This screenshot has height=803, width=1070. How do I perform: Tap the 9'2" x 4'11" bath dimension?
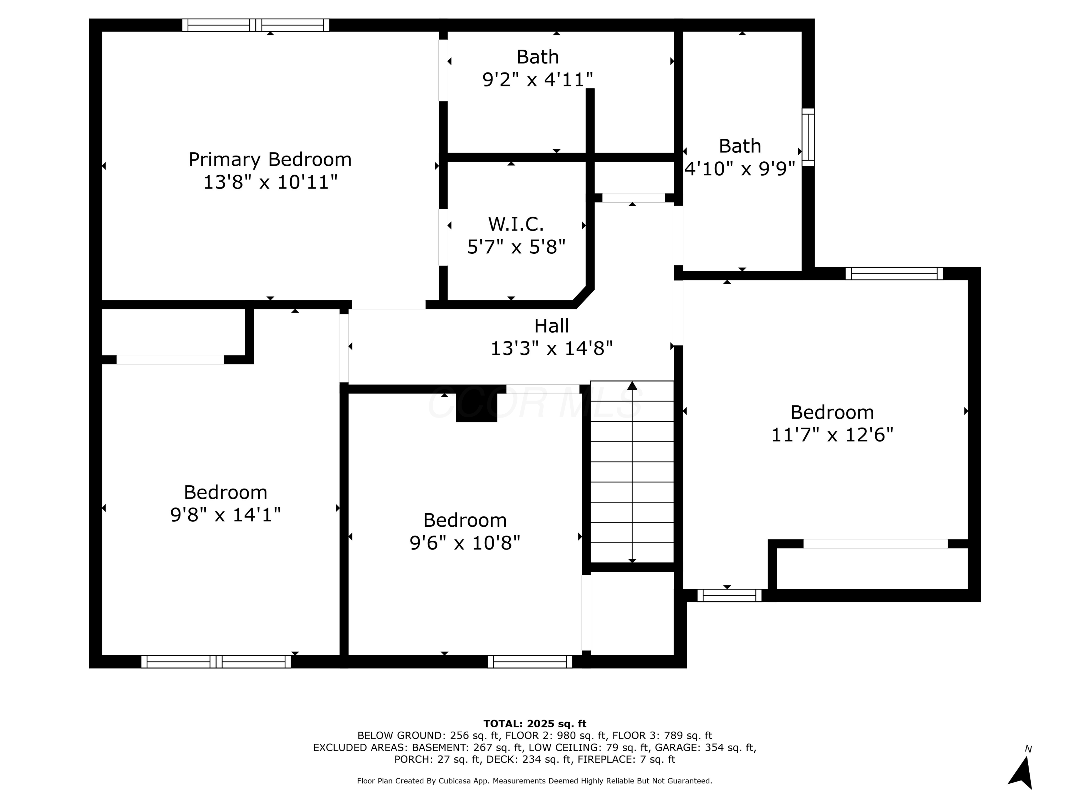(x=537, y=79)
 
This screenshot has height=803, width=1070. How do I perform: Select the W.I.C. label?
(x=516, y=224)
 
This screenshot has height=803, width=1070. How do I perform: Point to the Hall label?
(x=551, y=326)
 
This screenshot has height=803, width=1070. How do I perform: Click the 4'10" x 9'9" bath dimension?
(x=740, y=169)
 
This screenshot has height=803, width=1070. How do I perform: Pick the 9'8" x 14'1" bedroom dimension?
(x=225, y=515)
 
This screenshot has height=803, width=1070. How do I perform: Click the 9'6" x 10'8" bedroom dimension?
(x=464, y=542)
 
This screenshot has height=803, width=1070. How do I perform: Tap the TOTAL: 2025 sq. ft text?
(x=535, y=724)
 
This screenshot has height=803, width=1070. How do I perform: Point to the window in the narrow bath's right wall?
(x=808, y=137)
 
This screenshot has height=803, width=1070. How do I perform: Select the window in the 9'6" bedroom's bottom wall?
(x=530, y=662)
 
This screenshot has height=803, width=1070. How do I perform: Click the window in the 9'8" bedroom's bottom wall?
(x=216, y=662)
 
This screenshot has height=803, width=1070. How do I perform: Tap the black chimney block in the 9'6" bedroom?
(x=477, y=406)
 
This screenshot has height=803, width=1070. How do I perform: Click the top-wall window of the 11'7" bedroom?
(x=893, y=273)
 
